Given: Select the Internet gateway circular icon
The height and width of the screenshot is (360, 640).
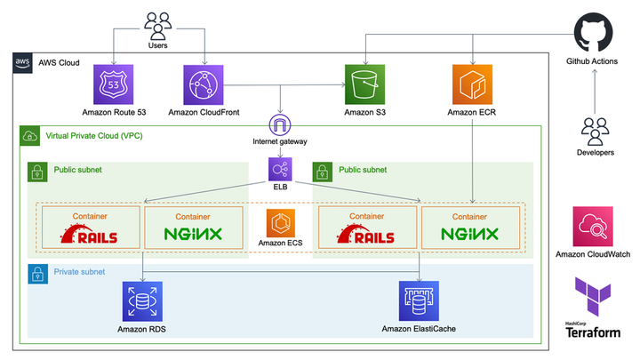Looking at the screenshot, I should coord(281,125).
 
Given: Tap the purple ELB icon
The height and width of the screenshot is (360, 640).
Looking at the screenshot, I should coord(281,168).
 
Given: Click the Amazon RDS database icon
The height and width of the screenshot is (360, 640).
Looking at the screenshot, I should coord(142,300).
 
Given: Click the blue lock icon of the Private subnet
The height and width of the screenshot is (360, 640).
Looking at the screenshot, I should coord(38,274).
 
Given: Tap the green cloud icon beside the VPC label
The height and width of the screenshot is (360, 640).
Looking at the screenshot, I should coord(30,136).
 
